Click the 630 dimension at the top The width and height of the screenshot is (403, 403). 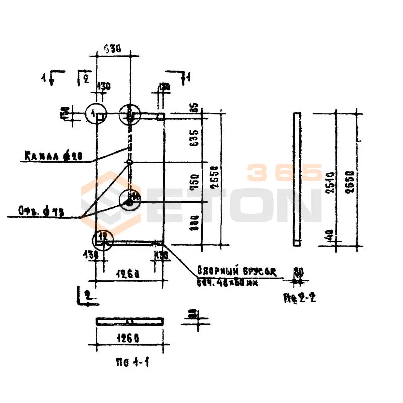pyautogui.click(x=113, y=48)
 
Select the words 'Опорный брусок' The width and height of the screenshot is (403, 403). pyautogui.click(x=237, y=271)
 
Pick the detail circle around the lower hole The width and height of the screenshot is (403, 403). pyautogui.click(x=130, y=199)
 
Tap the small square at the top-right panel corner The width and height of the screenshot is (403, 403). pyautogui.click(x=160, y=117)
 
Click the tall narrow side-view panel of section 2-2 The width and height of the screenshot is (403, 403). pyautogui.click(x=297, y=179)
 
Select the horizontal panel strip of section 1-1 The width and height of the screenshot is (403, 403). pyautogui.click(x=129, y=321)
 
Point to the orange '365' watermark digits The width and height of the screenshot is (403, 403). pyautogui.click(x=284, y=172)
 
